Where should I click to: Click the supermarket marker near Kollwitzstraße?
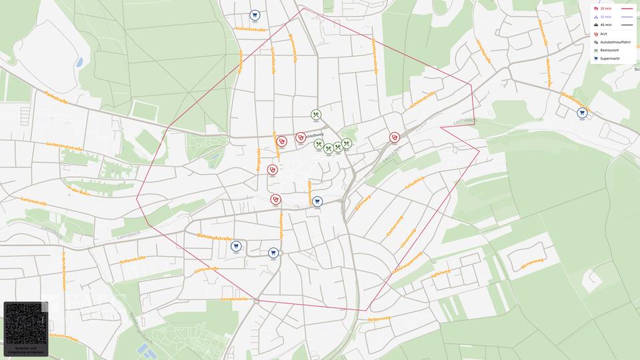click(x=255, y=15)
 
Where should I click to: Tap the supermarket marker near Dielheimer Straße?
click(x=582, y=113)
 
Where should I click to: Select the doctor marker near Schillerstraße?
click(x=395, y=137)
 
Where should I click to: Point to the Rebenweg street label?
click(x=378, y=320)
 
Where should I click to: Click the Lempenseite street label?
click(x=234, y=299)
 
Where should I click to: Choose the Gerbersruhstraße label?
click(x=64, y=146)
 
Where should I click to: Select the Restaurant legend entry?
click(x=609, y=50)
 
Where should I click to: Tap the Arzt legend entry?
click(x=603, y=33)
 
